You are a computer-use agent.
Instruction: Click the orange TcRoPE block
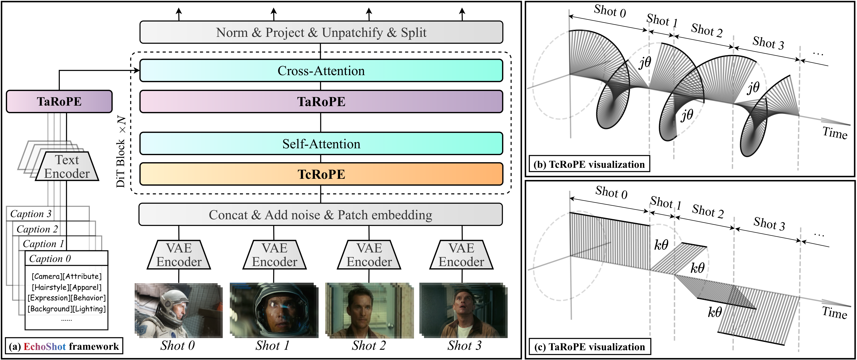pos(321,174)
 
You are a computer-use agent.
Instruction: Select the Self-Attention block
pos(321,144)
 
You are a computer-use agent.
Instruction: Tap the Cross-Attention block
pos(321,70)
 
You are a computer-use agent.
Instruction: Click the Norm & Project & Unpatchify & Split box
pos(321,32)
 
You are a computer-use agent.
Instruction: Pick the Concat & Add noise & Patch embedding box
pos(320,215)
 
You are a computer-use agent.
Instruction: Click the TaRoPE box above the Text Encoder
pos(59,101)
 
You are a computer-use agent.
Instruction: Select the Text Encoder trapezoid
pos(67,167)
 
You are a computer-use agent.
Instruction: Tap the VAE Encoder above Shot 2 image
pos(369,255)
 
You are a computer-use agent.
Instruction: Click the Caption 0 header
pos(50,259)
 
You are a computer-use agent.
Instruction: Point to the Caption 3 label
pos(30,214)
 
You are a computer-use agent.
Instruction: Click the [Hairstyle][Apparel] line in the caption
pos(67,287)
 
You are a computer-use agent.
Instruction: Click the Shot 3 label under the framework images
pos(464,345)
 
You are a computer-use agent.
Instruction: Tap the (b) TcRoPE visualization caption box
pos(589,164)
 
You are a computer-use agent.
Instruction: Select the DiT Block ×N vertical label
pos(121,151)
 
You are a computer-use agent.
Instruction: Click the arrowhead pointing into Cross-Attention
pos(136,70)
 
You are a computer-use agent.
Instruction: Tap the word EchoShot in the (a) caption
pos(45,347)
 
